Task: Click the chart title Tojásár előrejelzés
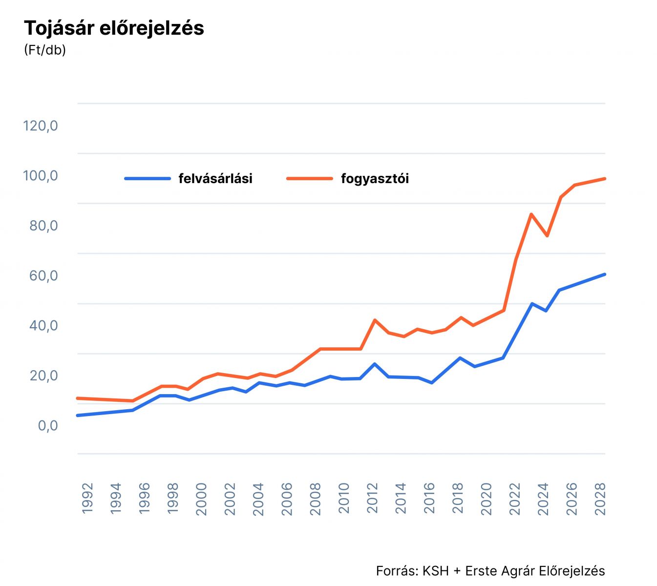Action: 114,28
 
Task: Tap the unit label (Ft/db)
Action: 44,50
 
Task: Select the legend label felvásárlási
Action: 215,179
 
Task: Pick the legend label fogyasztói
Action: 375,179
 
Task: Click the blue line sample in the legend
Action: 148,179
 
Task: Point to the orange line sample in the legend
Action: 310,179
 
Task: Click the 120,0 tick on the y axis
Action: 41,126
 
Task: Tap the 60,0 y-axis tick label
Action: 43,276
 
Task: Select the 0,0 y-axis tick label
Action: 48,426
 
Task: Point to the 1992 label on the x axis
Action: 87,499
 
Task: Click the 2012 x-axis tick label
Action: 373,499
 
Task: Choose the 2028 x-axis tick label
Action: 600,499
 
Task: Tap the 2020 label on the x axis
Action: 487,499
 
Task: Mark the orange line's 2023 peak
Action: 531,214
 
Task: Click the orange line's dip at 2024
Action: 548,236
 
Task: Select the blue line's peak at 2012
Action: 374,364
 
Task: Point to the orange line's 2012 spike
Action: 374,320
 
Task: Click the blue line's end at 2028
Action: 604,274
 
